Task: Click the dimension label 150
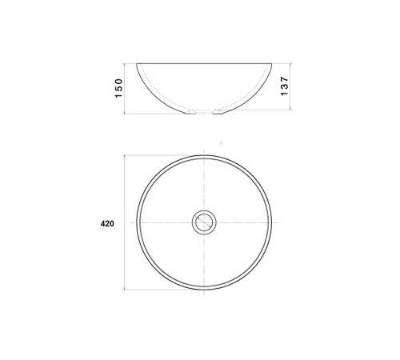pyautogui.click(x=118, y=88)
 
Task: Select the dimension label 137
pyautogui.click(x=285, y=86)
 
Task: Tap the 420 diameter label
pyautogui.click(x=107, y=223)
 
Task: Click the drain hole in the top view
pyautogui.click(x=204, y=222)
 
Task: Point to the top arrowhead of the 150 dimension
pyautogui.click(x=125, y=66)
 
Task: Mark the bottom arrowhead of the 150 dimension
pyautogui.click(x=125, y=112)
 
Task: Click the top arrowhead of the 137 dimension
pyautogui.click(x=290, y=66)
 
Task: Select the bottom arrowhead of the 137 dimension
pyautogui.click(x=290, y=107)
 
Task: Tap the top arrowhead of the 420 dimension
pyautogui.click(x=125, y=157)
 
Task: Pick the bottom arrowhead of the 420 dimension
pyautogui.click(x=125, y=288)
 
